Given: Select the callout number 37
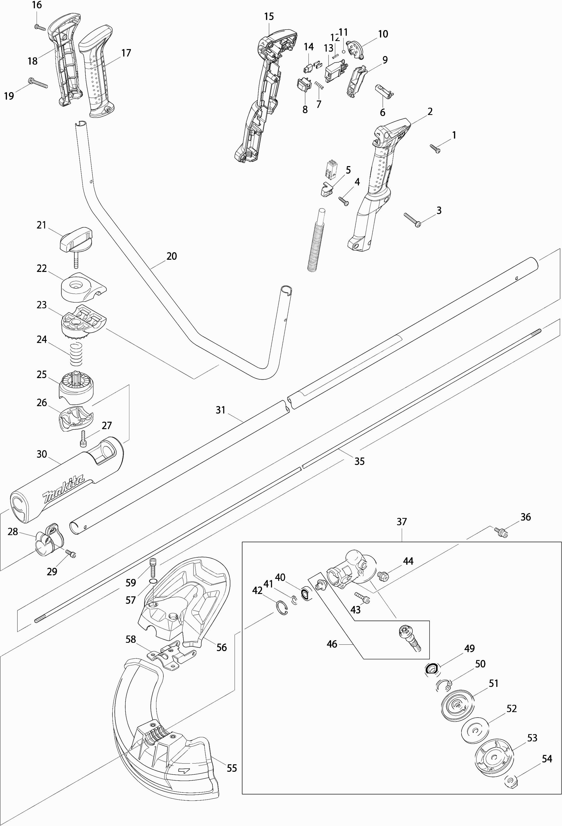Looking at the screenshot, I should (x=402, y=522).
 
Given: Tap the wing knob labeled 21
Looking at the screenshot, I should (x=76, y=238).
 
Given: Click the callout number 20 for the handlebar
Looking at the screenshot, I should (x=171, y=256).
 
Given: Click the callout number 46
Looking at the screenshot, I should (x=331, y=644).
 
